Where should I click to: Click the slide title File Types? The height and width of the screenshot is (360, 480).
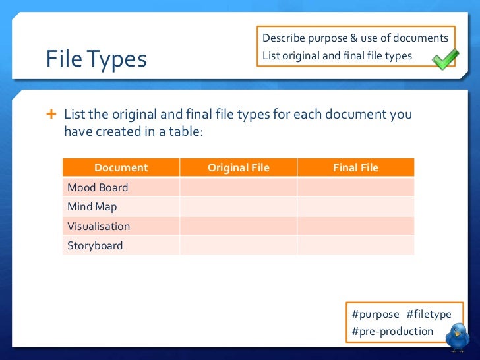(x=96, y=60)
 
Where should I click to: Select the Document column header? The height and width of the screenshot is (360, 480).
(x=121, y=167)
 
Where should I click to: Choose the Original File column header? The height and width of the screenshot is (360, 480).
(x=238, y=167)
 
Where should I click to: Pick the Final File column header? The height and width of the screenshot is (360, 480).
(x=355, y=167)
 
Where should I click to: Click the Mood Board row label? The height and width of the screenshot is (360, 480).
(x=98, y=187)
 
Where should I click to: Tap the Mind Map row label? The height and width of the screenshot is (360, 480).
(x=92, y=206)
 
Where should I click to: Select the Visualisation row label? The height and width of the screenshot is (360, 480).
(x=98, y=226)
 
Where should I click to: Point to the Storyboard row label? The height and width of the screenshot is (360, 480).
(x=95, y=245)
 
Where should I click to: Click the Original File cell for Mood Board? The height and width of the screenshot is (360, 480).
(x=238, y=187)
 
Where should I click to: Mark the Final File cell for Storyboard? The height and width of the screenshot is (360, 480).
(x=355, y=245)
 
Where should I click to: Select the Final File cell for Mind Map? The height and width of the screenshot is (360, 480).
(x=355, y=206)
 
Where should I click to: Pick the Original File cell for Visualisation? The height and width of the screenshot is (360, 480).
(x=238, y=226)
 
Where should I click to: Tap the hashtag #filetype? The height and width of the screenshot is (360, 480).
(x=429, y=315)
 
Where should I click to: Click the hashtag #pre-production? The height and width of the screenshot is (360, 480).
(x=392, y=331)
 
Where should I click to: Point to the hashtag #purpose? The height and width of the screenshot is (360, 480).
(x=375, y=315)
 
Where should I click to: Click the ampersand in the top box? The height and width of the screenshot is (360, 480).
(x=363, y=38)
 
